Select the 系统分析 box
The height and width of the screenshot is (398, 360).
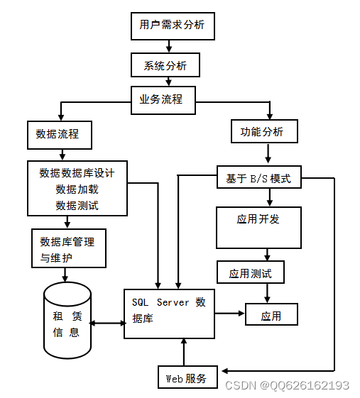click(x=165, y=65)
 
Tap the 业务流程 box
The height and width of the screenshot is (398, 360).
click(x=163, y=99)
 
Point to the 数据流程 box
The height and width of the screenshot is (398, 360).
click(x=59, y=135)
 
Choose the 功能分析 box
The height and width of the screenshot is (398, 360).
click(x=263, y=131)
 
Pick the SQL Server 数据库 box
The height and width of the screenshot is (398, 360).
click(x=170, y=313)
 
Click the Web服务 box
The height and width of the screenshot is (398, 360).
click(x=187, y=377)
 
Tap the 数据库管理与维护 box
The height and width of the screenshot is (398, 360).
click(x=69, y=248)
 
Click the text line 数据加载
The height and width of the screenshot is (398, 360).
click(x=77, y=189)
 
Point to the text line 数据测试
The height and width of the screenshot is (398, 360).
click(x=77, y=206)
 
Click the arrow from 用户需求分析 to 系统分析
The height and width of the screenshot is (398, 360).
click(x=168, y=46)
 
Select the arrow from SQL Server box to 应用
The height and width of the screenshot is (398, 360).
click(x=230, y=313)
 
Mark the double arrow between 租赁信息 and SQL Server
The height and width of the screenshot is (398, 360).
click(x=108, y=324)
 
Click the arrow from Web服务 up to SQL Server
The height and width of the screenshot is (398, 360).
click(x=184, y=352)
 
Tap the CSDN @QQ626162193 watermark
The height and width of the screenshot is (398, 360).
click(x=287, y=385)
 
